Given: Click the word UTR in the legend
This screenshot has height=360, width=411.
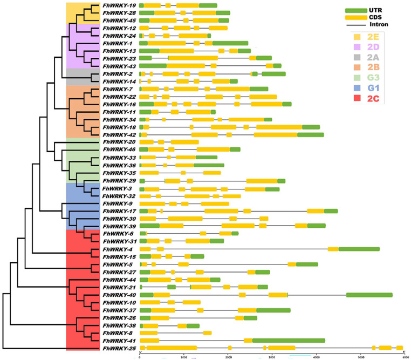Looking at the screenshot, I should (x=380, y=10).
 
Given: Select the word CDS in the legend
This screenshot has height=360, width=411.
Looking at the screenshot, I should (x=380, y=17).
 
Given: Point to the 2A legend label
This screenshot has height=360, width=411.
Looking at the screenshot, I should (x=372, y=59).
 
